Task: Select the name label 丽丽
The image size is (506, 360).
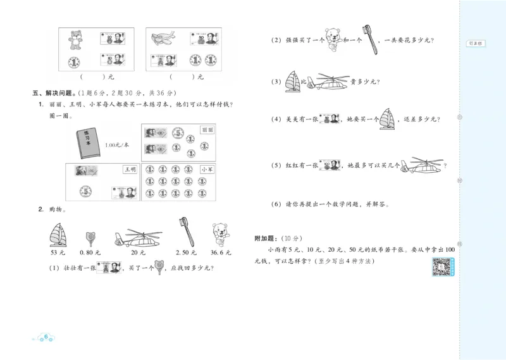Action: click(204, 129)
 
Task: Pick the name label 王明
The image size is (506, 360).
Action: click(130, 170)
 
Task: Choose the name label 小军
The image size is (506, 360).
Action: click(206, 170)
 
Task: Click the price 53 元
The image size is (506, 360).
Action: click(58, 253)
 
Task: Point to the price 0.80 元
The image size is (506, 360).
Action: click(93, 253)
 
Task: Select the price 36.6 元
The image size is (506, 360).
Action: click(221, 253)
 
